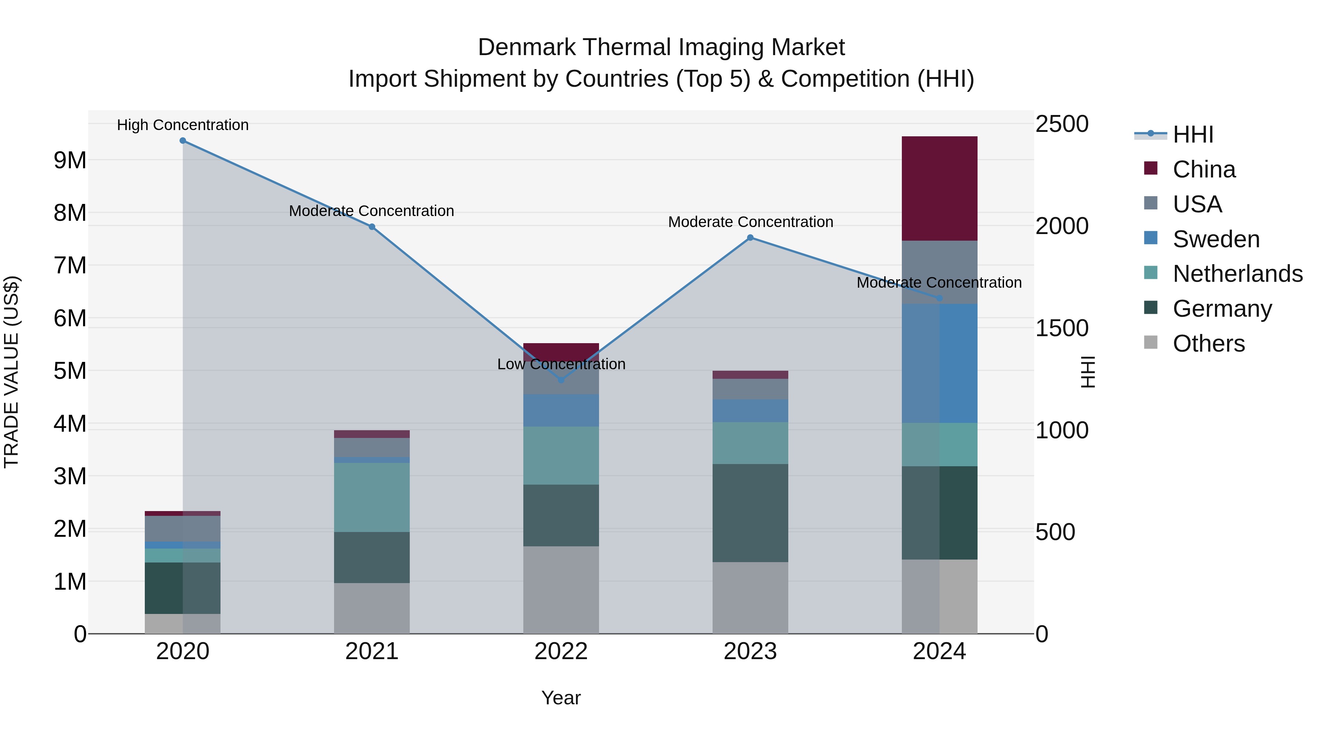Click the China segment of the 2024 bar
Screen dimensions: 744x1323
[939, 188]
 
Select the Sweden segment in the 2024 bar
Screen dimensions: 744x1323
[939, 363]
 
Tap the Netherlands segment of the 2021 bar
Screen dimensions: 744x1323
[372, 497]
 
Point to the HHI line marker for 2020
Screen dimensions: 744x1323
[183, 141]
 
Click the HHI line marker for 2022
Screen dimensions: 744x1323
[561, 380]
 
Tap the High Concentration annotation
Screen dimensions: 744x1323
[183, 125]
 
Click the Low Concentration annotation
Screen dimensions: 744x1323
[561, 364]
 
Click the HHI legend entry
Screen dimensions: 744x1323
[1193, 134]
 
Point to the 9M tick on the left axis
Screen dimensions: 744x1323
[70, 160]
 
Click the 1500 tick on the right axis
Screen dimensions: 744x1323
[1061, 328]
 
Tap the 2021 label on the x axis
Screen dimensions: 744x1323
[372, 651]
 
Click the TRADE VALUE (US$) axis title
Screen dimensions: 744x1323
[11, 372]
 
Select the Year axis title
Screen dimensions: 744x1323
[561, 698]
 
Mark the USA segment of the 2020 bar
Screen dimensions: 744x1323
[183, 528]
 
